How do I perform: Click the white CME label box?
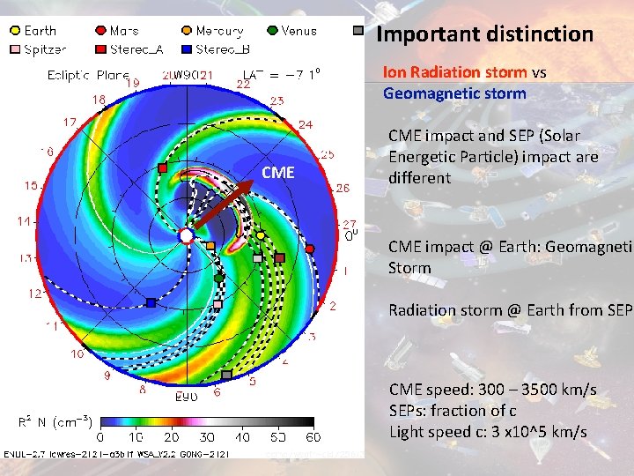277,172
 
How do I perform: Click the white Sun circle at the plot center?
186,235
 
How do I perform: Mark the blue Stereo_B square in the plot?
151,302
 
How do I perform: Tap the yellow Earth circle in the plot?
261,236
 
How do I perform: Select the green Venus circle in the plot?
218,279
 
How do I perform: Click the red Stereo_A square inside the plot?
163,167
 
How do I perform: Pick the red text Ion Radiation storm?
454,72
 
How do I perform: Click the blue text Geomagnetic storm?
454,93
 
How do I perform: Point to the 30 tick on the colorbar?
207,437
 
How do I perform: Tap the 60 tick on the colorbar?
313,437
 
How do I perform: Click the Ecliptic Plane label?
87,75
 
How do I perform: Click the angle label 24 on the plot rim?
305,124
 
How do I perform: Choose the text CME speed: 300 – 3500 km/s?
492,389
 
